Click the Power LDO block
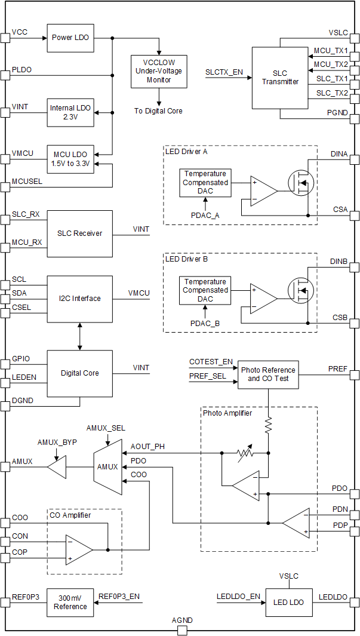70,38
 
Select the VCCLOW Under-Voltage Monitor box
159,71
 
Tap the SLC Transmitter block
279,78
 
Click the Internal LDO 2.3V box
70,112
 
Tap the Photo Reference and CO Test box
267,374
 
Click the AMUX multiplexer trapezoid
107,466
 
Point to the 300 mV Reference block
70,603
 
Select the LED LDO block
289,602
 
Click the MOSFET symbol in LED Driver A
301,183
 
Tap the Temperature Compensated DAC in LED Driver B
205,290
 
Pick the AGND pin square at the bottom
182,631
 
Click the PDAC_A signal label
205,215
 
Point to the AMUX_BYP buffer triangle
57,466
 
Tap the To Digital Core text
159,110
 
